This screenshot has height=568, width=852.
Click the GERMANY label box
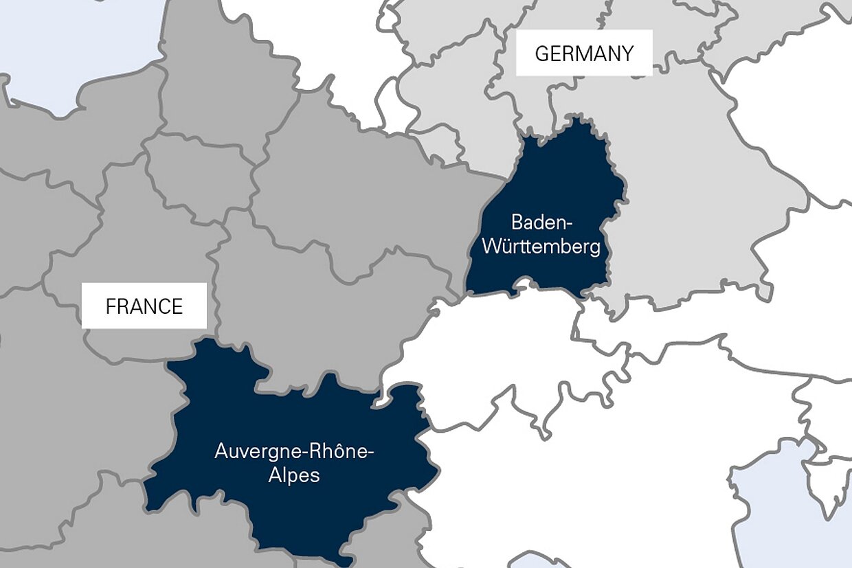tap(584, 53)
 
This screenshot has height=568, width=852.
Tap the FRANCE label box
tap(144, 306)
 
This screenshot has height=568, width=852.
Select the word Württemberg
tap(541, 247)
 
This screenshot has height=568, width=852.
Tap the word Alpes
tap(294, 475)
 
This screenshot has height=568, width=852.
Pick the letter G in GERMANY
tap(541, 54)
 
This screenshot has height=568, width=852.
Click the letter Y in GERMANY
tap(627, 54)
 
